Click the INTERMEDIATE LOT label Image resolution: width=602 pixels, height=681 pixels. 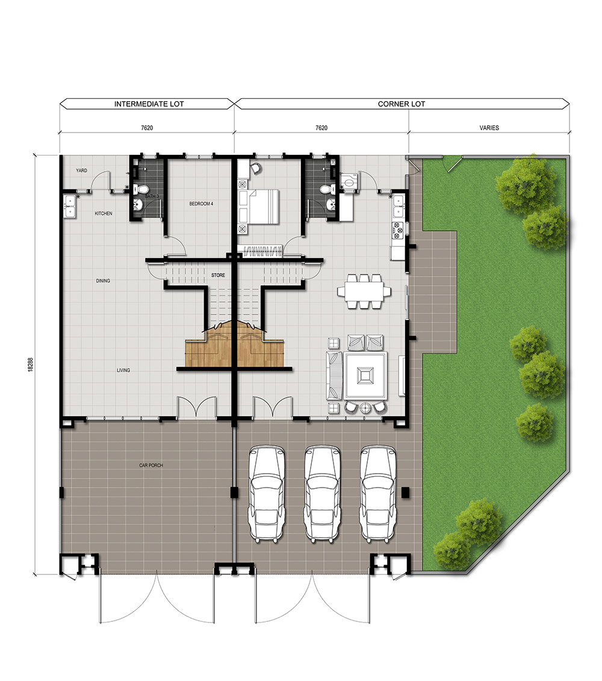(149, 104)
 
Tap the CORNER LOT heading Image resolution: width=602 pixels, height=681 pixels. (401, 104)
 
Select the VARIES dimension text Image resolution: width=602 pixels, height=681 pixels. (489, 128)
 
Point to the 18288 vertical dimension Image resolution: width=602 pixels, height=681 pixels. (30, 365)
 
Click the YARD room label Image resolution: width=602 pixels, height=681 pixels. (81, 171)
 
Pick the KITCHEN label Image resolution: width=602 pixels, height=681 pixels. (104, 214)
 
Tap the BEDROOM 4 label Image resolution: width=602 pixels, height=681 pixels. (201, 204)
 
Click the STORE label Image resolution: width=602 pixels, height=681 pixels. (218, 275)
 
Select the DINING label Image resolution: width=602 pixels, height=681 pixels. (103, 281)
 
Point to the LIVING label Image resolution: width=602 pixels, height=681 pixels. (123, 371)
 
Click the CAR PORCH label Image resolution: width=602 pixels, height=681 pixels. (151, 465)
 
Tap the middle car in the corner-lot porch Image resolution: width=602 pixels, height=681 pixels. (321, 494)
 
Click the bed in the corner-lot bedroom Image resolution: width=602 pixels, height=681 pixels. (258, 207)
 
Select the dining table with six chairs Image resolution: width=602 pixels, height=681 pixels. (364, 291)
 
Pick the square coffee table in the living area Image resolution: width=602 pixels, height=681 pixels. (365, 376)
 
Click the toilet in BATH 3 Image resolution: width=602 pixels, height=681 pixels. (141, 189)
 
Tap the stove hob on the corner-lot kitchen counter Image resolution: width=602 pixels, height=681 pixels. (398, 231)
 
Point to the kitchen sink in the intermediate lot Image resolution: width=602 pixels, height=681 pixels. (70, 206)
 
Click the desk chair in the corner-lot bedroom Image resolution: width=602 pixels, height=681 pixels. (255, 168)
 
